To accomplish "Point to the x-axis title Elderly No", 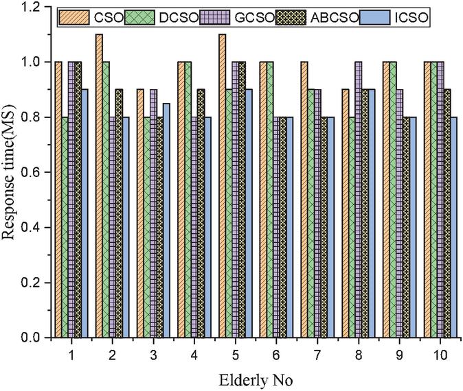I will click(249, 379).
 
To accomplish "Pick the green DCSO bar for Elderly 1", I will click(65, 227).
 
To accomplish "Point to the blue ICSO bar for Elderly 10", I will click(454, 227).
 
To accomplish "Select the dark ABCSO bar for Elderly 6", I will click(284, 227).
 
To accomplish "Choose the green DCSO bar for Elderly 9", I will click(393, 200).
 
